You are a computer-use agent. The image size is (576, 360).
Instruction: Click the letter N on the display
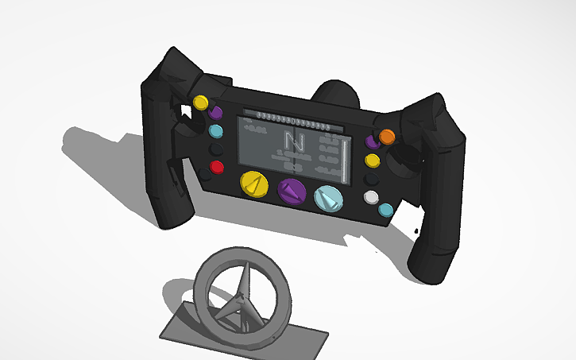(x=295, y=143)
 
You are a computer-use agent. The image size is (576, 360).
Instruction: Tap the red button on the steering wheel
(x=216, y=168)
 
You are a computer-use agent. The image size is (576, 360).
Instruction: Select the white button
(x=371, y=196)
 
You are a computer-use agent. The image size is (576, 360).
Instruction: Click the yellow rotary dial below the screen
(x=254, y=185)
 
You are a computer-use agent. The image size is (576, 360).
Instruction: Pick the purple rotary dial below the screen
(x=292, y=192)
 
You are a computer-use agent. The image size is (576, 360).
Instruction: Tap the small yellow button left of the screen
(x=201, y=103)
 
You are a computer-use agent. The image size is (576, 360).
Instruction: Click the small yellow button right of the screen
(x=373, y=161)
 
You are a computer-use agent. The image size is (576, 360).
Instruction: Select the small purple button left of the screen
(x=216, y=113)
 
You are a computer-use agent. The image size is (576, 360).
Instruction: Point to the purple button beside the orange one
(x=371, y=141)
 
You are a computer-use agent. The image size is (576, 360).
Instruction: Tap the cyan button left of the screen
(x=215, y=130)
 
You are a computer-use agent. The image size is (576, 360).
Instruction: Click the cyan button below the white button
(x=386, y=210)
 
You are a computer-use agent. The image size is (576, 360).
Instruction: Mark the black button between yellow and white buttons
(x=372, y=179)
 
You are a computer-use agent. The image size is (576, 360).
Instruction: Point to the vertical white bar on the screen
(x=346, y=160)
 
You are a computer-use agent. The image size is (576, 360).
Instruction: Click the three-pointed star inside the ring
(x=238, y=298)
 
